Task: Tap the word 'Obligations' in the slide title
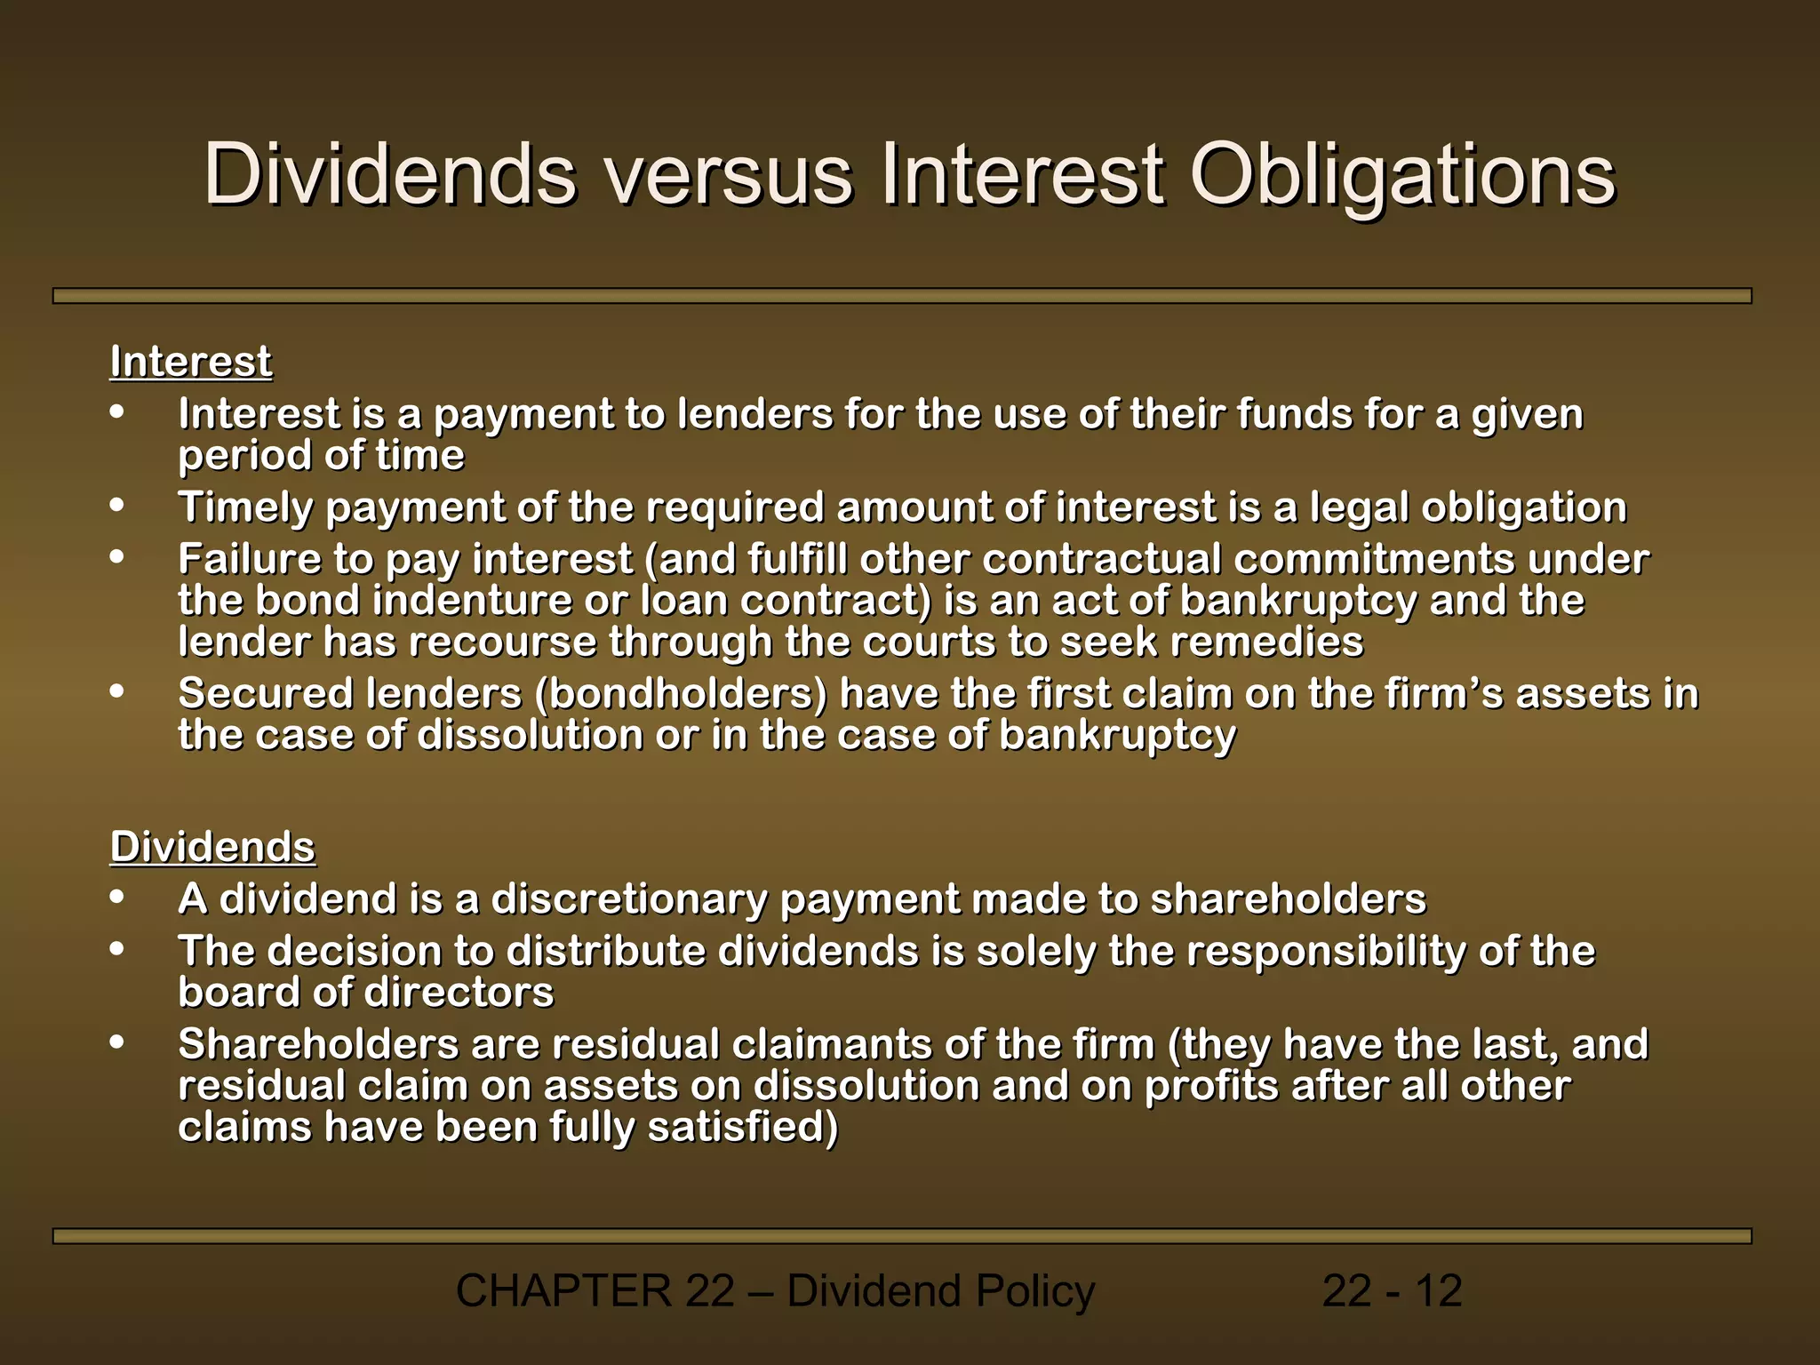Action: [x=1401, y=175]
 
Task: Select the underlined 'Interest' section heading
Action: [x=190, y=362]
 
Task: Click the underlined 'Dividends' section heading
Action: [x=212, y=846]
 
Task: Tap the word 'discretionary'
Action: [x=629, y=898]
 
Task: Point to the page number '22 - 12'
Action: [x=1392, y=1290]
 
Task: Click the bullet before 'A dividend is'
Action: [x=117, y=897]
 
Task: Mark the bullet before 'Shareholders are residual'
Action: [x=117, y=1042]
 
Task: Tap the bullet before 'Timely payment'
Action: [x=117, y=505]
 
